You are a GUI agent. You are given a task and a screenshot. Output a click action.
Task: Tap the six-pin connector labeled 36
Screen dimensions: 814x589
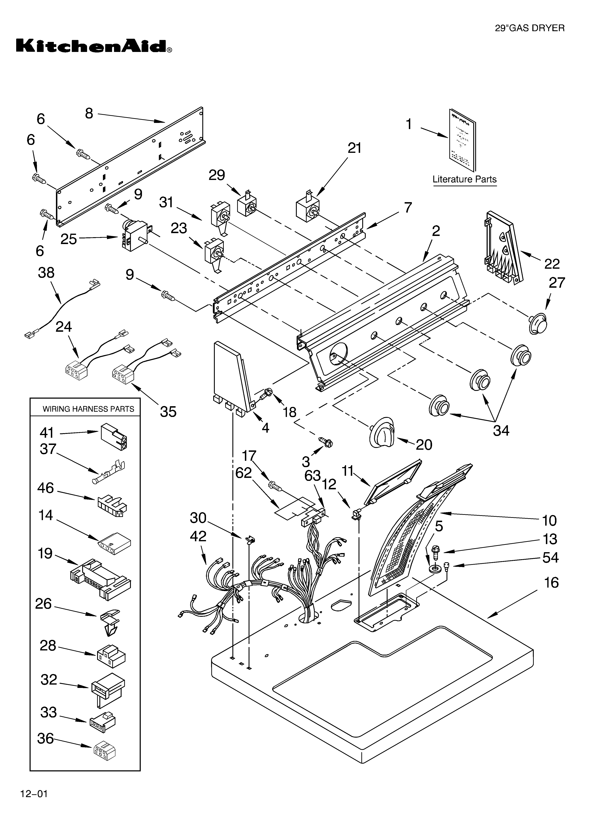click(105, 749)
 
